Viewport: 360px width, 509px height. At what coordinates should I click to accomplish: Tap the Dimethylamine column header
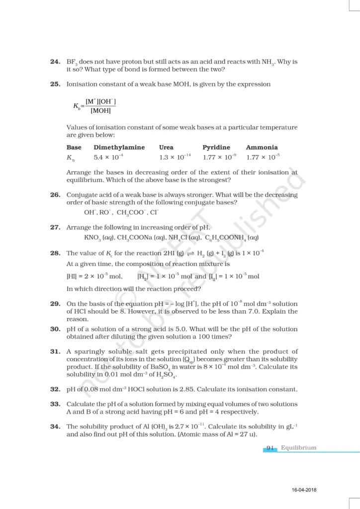click(x=119, y=147)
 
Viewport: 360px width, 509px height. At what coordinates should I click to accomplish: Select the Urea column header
click(x=166, y=147)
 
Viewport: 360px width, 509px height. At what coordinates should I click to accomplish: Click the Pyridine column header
click(x=216, y=147)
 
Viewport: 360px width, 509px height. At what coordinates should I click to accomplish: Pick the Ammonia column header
click(x=262, y=147)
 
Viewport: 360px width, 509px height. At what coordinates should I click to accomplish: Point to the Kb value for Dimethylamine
click(x=108, y=157)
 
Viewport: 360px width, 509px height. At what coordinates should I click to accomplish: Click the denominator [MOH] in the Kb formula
click(x=100, y=110)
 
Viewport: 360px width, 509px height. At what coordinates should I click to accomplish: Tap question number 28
click(x=55, y=253)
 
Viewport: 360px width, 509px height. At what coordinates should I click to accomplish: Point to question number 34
click(x=55, y=426)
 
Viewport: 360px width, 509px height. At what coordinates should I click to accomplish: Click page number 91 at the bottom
click(x=270, y=447)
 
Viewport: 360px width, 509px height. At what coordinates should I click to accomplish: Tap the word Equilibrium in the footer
click(x=298, y=447)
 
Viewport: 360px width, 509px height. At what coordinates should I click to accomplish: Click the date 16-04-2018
click(x=304, y=491)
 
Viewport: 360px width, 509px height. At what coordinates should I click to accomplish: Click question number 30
click(x=55, y=329)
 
